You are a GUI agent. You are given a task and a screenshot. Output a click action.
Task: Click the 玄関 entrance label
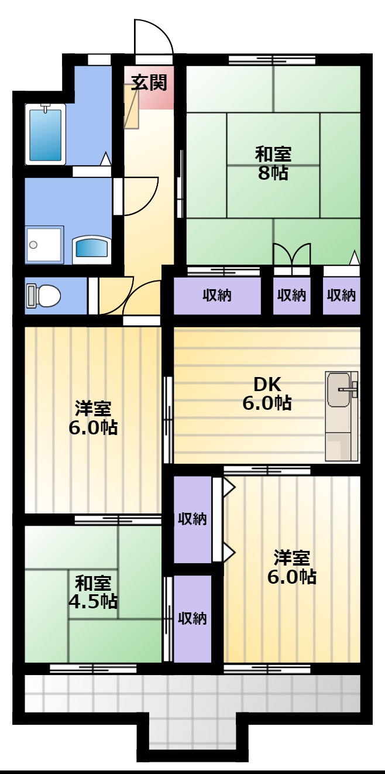[149, 83]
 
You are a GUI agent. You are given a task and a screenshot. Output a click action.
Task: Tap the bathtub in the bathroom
[46, 134]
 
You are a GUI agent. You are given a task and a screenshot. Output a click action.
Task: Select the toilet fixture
[43, 296]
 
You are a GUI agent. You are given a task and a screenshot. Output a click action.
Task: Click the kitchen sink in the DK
[342, 416]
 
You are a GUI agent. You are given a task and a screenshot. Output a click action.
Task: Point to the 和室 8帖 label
[273, 163]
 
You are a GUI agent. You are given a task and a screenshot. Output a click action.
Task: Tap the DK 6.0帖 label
[267, 393]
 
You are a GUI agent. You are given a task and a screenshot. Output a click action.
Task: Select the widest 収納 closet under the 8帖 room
[217, 296]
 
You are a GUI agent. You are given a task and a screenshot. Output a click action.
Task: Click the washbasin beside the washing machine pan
[91, 250]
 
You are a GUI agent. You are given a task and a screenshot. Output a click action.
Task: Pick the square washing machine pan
[44, 245]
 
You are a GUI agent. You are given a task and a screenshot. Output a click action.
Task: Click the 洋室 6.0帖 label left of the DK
[93, 418]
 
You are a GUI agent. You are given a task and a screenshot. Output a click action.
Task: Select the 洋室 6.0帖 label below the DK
[292, 567]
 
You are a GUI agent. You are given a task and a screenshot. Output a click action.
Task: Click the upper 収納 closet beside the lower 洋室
[192, 519]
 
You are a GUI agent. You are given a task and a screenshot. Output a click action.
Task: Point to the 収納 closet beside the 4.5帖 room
[192, 618]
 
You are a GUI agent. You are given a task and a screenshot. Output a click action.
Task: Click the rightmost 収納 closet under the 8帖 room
[342, 296]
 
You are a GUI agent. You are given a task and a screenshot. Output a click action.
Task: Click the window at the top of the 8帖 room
[272, 60]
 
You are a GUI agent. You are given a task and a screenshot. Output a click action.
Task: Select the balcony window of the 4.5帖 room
[93, 669]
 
